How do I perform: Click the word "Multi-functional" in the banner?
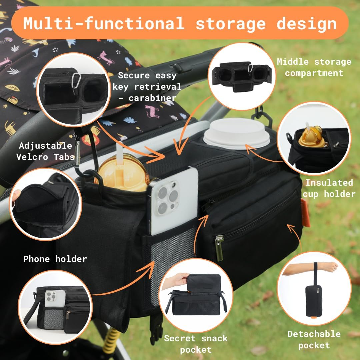104,23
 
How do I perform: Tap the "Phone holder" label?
55,259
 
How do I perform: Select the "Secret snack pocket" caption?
196,344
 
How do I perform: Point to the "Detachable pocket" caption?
314,339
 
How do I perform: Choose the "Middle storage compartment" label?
314,67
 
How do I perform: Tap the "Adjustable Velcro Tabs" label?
46,151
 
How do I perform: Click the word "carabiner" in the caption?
152,98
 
